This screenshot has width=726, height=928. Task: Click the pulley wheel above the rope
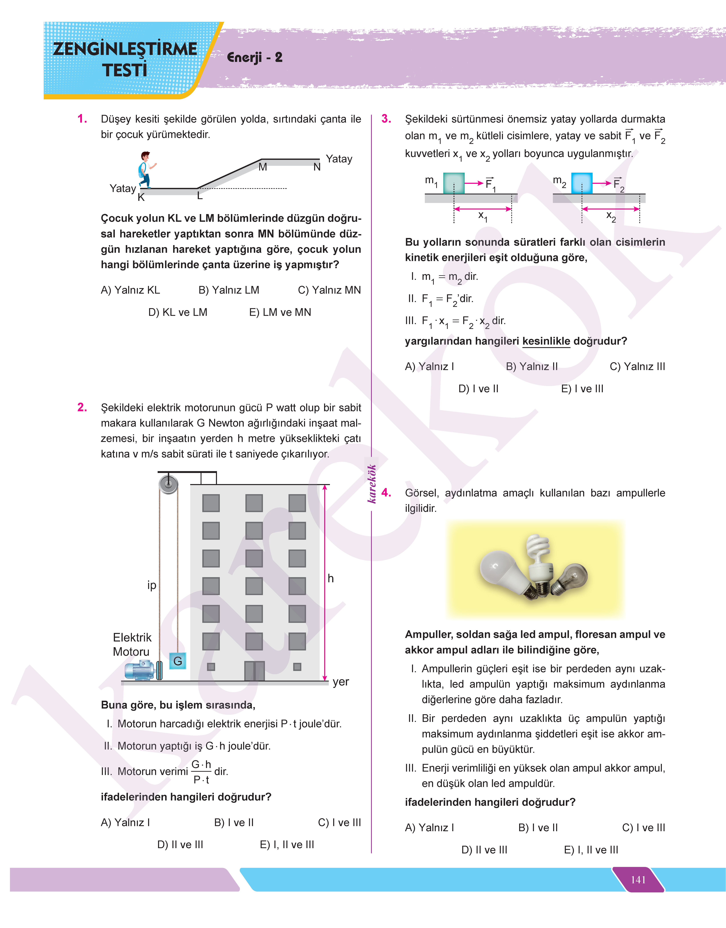point(168,484)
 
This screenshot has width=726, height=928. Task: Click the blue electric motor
point(140,670)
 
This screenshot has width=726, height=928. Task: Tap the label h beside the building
point(331,578)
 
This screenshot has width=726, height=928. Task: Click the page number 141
point(638,879)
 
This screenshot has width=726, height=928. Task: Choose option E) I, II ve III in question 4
point(591,850)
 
